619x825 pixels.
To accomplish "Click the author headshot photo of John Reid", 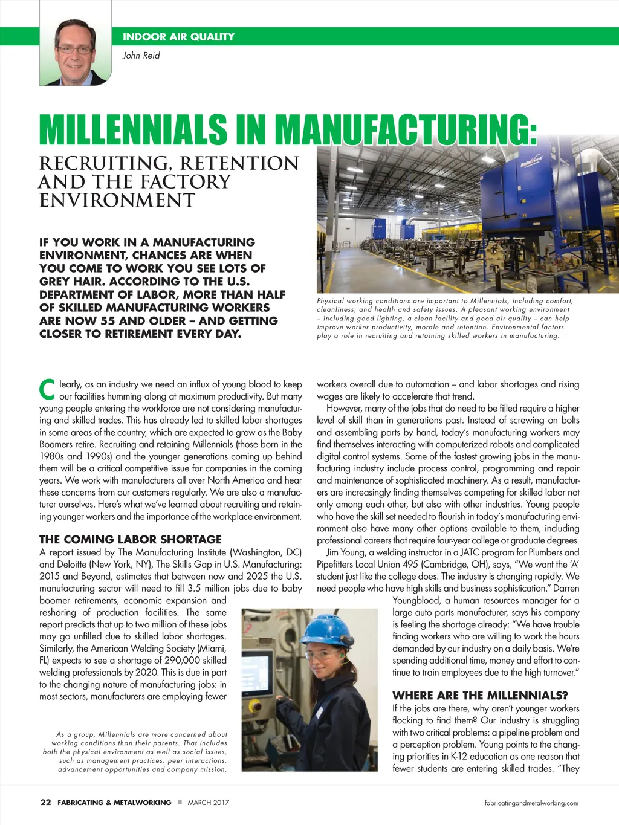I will click(x=76, y=52).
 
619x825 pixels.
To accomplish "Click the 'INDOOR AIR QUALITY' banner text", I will click(x=178, y=37).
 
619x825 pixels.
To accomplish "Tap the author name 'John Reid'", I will click(x=141, y=56).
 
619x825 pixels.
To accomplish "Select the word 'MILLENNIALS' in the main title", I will click(x=133, y=129).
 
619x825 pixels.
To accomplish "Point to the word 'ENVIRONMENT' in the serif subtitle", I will click(x=117, y=201).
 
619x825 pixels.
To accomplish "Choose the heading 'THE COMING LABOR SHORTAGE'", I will click(x=131, y=539).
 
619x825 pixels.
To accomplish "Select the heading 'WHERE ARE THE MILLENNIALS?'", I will click(x=480, y=696).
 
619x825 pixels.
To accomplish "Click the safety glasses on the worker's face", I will click(x=320, y=655).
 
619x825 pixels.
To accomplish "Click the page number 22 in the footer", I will click(x=45, y=803).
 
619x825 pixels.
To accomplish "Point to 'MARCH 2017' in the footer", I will click(x=208, y=803).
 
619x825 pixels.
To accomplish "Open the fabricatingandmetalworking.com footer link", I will click(x=531, y=803).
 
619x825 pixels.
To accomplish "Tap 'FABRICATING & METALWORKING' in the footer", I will click(x=114, y=803).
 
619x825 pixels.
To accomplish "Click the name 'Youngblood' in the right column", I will click(x=416, y=600).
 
